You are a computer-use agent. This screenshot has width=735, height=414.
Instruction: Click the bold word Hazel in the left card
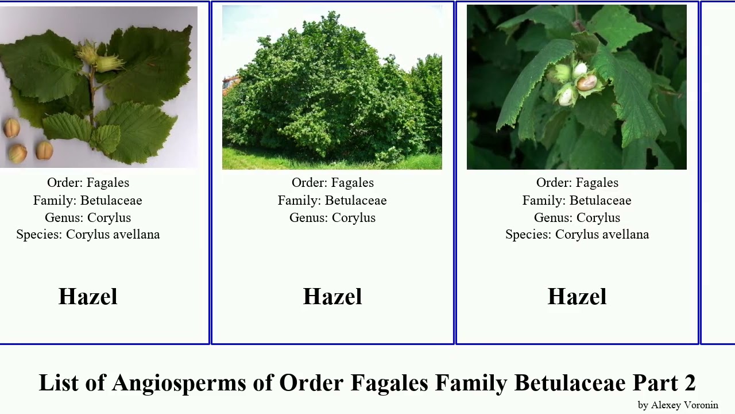(x=88, y=297)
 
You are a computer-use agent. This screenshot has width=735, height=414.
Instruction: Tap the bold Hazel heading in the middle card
(x=332, y=297)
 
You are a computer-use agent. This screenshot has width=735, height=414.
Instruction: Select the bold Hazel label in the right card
(x=577, y=297)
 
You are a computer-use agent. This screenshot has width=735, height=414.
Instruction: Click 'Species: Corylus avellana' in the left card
(x=88, y=235)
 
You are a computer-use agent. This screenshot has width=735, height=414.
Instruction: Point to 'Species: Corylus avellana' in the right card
(x=577, y=235)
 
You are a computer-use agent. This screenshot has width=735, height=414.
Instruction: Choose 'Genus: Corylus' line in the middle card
(x=332, y=217)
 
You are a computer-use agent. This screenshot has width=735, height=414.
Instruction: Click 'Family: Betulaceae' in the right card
(x=577, y=200)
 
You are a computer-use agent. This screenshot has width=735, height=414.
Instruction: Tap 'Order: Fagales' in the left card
(x=88, y=183)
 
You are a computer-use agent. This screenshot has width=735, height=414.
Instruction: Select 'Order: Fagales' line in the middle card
(x=332, y=183)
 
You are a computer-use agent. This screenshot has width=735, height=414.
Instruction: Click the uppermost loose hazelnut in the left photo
(x=11, y=128)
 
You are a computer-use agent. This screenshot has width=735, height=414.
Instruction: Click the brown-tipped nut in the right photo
(x=587, y=83)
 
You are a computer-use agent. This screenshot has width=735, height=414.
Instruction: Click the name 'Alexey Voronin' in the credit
(x=684, y=405)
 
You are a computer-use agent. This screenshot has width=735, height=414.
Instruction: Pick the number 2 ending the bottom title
(x=689, y=383)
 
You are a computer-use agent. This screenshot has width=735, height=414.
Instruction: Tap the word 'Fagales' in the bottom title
(x=389, y=383)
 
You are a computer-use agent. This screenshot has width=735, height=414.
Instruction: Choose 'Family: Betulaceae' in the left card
(x=88, y=200)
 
